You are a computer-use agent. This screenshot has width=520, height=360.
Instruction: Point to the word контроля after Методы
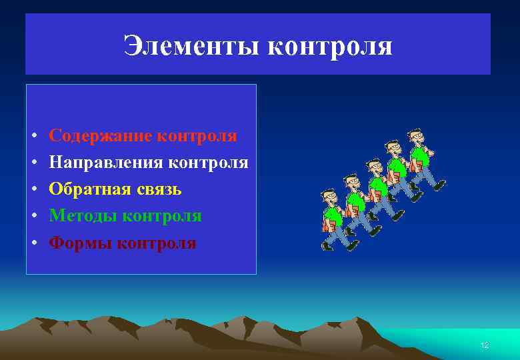(x=163, y=216)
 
